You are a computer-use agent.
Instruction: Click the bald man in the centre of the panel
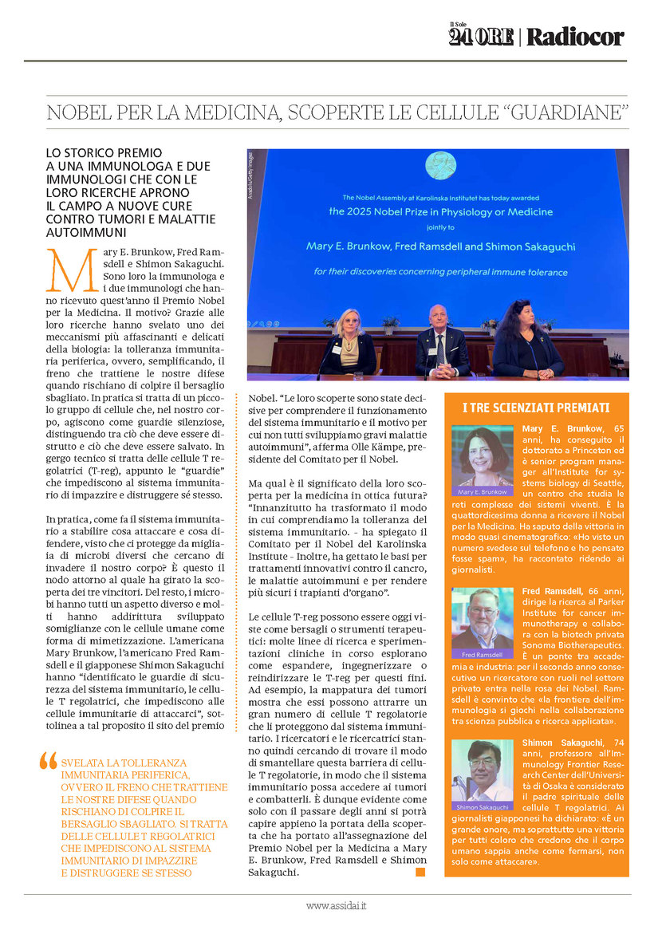440,341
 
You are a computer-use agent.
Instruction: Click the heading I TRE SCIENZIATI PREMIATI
535,408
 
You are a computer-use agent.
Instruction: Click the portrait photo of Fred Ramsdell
482,619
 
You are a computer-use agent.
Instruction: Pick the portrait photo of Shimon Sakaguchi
482,770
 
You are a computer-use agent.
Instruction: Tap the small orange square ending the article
420,873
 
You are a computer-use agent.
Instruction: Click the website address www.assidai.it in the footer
336,906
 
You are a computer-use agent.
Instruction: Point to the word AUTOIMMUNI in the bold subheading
83,233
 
